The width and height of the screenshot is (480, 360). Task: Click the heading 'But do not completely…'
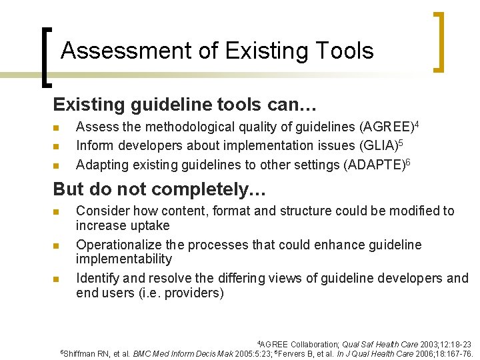point(159,189)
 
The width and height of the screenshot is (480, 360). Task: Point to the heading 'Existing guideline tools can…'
point(185,105)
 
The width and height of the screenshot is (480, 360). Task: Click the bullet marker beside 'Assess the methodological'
point(57,127)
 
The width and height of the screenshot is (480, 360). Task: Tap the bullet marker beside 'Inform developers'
point(57,146)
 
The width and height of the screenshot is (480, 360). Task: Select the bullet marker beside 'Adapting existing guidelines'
point(57,165)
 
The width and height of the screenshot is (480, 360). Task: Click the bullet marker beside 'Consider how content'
point(57,212)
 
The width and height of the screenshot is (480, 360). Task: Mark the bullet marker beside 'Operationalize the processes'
point(57,246)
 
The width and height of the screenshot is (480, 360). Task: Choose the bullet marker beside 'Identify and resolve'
point(57,279)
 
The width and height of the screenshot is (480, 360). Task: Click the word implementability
point(124,259)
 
